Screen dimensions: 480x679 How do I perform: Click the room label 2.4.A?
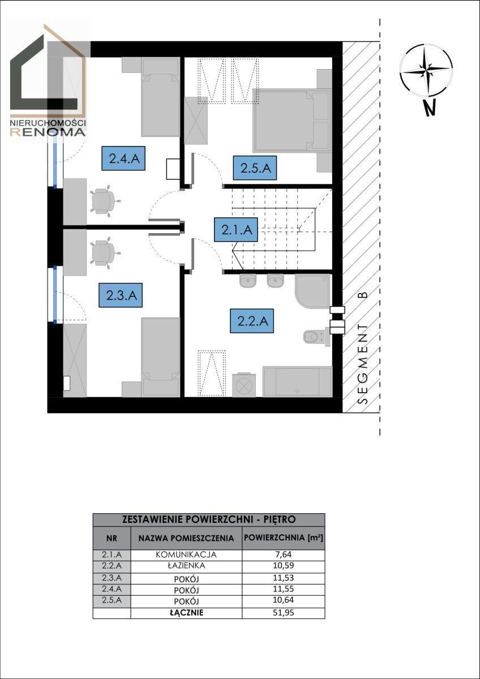pos(123,158)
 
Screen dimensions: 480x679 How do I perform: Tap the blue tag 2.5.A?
pos(255,167)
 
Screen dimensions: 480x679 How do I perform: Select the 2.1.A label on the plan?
pos(236,230)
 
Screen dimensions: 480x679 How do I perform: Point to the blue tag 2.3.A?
pos(121,295)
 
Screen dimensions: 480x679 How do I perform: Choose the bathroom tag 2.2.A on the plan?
pos(252,321)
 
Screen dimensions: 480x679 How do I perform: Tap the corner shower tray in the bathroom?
pos(312,291)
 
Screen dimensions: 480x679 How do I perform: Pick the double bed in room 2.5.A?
pos(292,121)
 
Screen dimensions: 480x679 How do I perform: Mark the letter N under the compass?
pos(430,108)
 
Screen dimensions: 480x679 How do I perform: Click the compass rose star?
pos(426,70)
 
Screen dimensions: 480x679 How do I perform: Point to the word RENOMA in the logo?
pos(48,131)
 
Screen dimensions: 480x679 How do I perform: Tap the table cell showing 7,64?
pos(283,555)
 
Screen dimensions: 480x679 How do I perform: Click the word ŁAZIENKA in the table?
pos(186,565)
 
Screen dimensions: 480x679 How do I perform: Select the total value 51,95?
pos(284,613)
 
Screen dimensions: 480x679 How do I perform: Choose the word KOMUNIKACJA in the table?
pos(186,555)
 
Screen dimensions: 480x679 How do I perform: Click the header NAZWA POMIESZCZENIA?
pos(186,538)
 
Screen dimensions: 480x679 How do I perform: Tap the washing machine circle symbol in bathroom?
pos(244,385)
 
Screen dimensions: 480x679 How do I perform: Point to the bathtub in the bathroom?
pos(298,381)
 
